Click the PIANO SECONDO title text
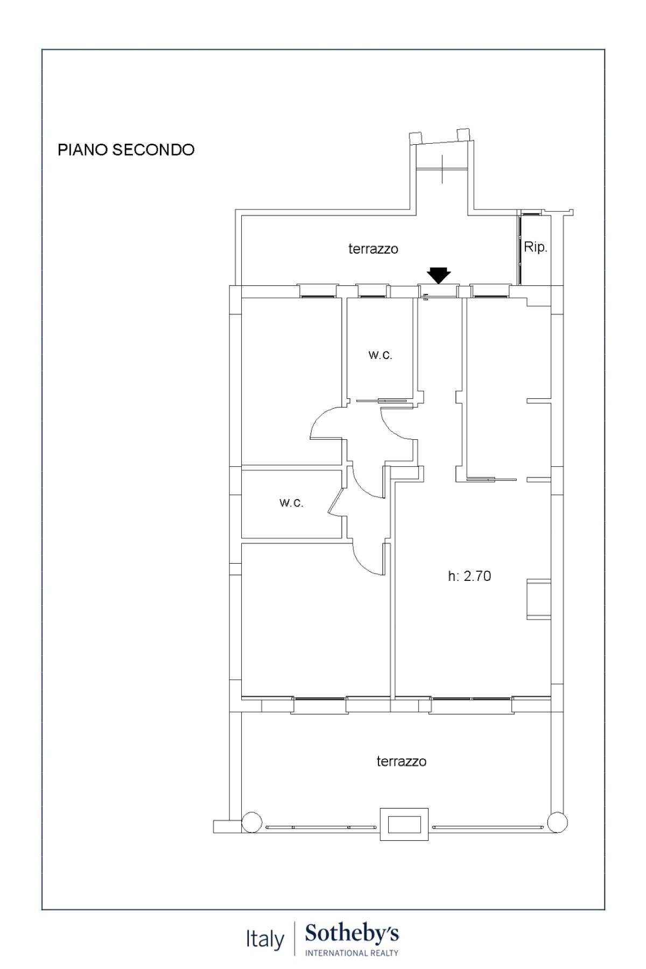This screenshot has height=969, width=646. coord(126,150)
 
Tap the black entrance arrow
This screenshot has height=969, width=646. coord(439,275)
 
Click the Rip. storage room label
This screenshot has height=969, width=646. coord(535,247)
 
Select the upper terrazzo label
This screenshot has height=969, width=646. coord(373,249)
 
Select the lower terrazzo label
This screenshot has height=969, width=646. coord(401,761)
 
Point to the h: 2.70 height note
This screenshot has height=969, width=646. coord(469,576)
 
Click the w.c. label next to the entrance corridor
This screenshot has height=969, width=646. coord(380,355)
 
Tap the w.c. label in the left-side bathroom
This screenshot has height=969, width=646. coord(291,503)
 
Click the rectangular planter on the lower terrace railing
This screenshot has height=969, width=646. coord(404,824)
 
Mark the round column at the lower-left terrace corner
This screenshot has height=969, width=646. coord(251,823)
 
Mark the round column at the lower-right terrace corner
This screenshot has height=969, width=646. coord(557,823)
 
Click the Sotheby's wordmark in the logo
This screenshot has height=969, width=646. coord(352,934)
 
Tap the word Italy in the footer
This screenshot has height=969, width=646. coord(265,939)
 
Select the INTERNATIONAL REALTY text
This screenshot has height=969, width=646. coord(352,953)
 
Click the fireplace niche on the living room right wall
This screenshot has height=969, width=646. coord(538,599)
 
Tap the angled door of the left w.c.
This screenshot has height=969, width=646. coord(335,501)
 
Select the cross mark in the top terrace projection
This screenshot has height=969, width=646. coord(443,168)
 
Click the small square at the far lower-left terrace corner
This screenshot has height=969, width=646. coord(221,826)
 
